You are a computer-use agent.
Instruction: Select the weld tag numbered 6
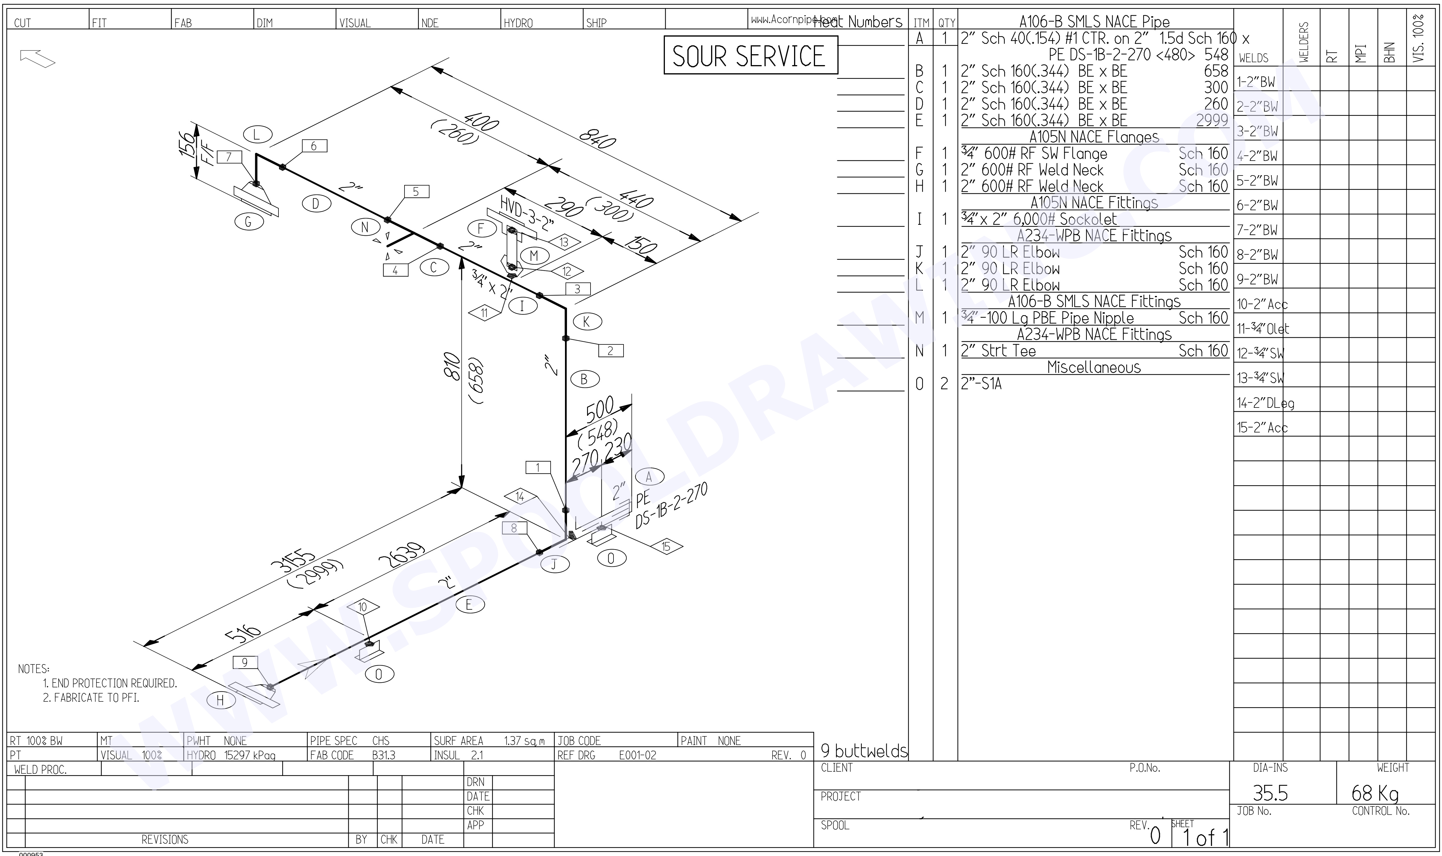click(x=313, y=146)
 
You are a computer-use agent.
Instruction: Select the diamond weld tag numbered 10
click(x=363, y=607)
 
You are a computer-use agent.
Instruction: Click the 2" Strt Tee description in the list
click(x=999, y=351)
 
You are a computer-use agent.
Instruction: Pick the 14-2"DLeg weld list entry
click(x=1265, y=403)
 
